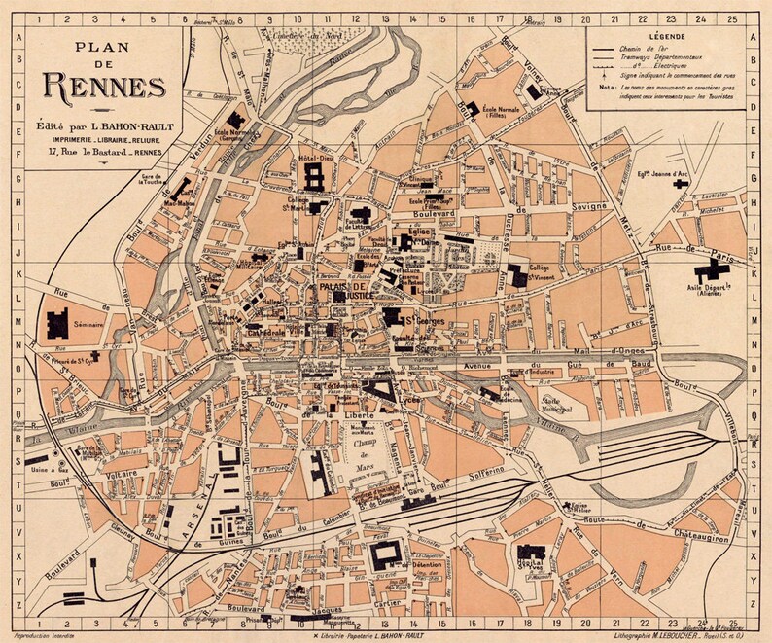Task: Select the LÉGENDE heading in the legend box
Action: pos(661,36)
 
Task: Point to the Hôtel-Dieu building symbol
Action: pos(314,176)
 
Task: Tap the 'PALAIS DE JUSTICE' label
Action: pos(342,291)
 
